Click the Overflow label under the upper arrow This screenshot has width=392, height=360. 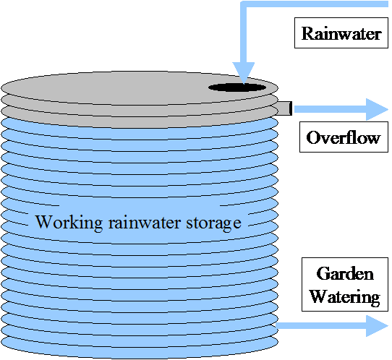tap(343, 137)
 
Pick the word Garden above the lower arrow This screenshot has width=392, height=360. tap(346, 275)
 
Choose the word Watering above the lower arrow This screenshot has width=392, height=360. tap(345, 296)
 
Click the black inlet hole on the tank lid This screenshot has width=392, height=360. tap(237, 87)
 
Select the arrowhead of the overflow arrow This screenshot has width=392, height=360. tap(376, 109)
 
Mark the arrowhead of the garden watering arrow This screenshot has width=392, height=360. tap(376, 325)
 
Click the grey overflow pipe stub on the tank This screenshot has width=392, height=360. tap(284, 108)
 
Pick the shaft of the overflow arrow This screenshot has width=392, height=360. tap(329, 109)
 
